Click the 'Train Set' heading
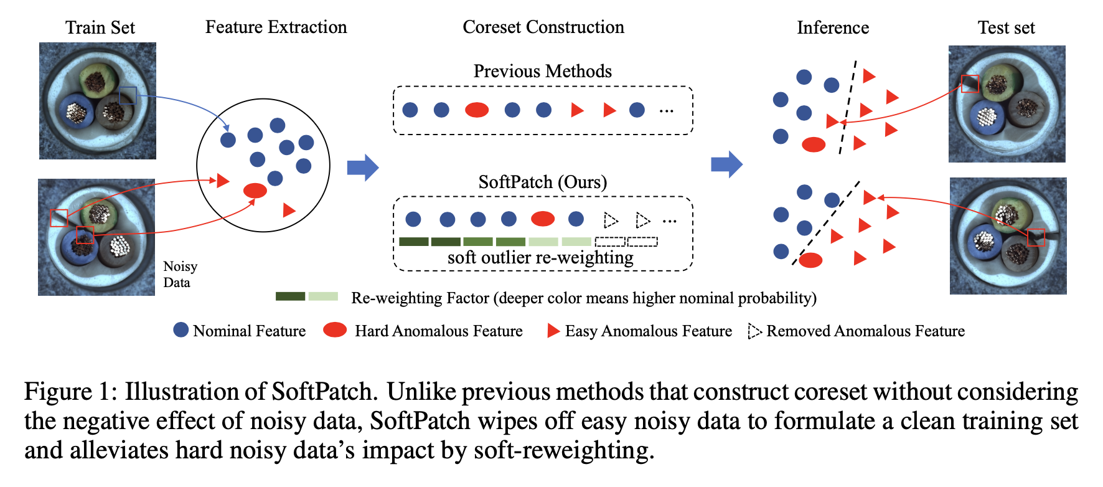point(100,27)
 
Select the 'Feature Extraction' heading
point(276,27)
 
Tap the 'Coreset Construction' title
point(543,27)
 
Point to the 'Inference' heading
point(833,27)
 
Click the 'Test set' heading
point(1006,27)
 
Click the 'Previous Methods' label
point(543,71)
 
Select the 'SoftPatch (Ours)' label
point(543,182)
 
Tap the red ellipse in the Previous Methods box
point(477,110)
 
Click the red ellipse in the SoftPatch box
point(543,219)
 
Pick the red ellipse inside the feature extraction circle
point(255,191)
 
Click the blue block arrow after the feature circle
point(363,167)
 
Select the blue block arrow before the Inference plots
point(727,164)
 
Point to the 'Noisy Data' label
point(181,274)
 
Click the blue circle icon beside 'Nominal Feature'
point(181,330)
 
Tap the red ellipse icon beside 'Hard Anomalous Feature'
point(335,330)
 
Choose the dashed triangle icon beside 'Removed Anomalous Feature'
point(754,331)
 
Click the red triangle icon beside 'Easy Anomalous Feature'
point(553,331)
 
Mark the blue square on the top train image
point(128,95)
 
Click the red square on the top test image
point(970,83)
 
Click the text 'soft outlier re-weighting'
point(540,258)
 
